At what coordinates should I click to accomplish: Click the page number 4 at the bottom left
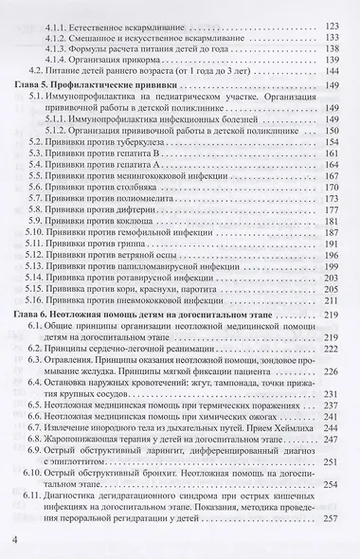click(14, 540)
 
